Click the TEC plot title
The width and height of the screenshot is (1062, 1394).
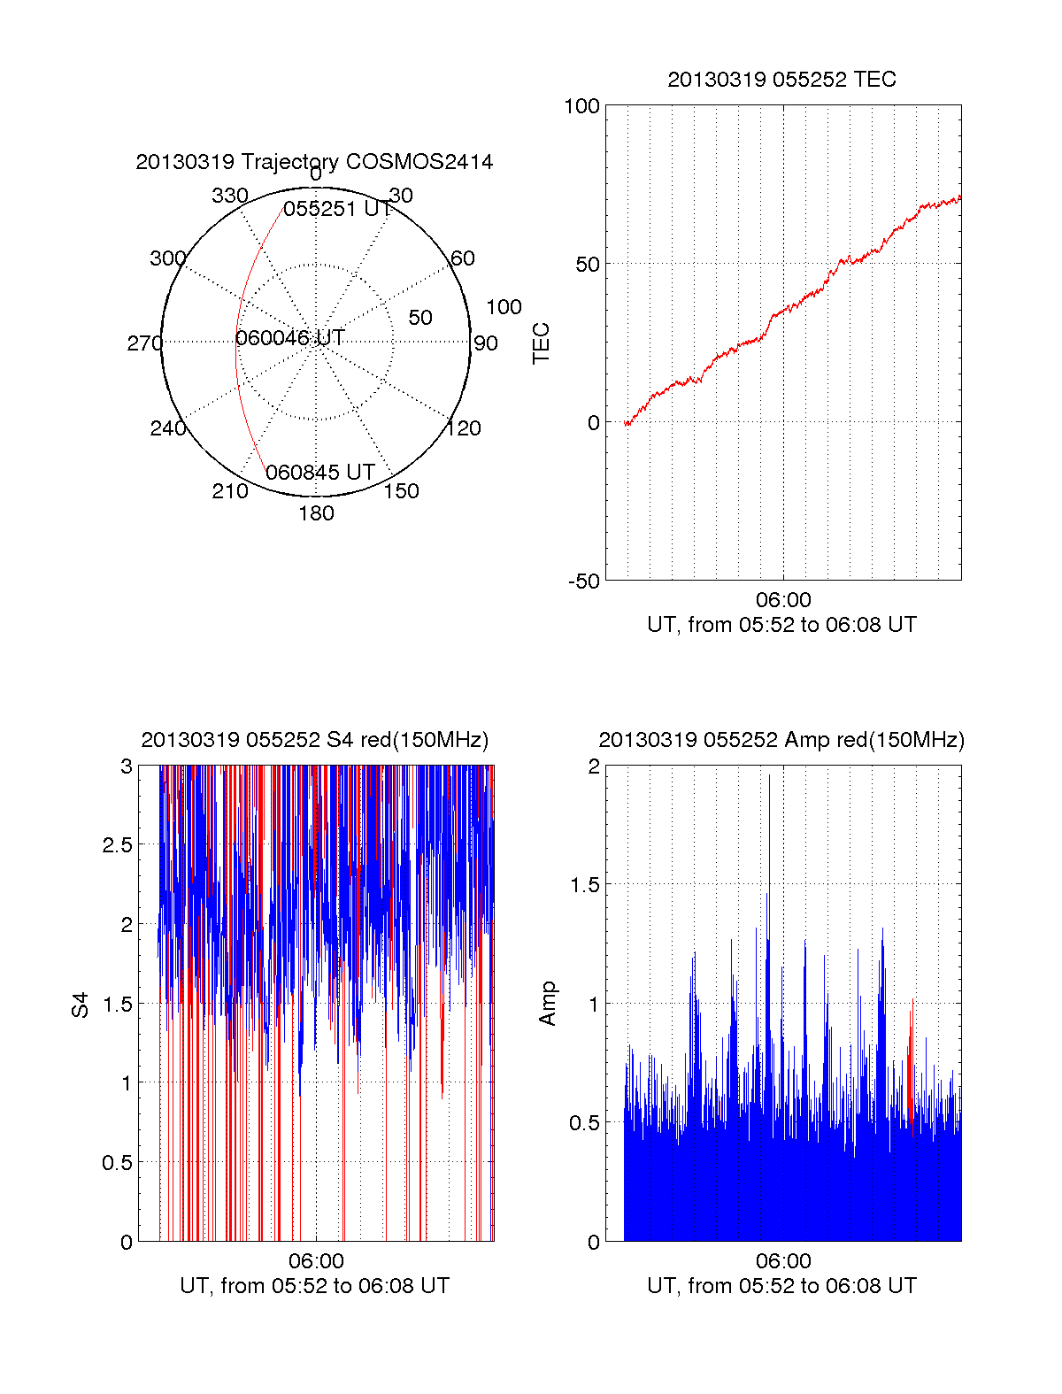(x=781, y=80)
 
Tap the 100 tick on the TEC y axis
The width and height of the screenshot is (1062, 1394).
(x=581, y=106)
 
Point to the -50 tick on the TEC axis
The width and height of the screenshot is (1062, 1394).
(x=583, y=581)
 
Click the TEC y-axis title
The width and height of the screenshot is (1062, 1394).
(x=541, y=343)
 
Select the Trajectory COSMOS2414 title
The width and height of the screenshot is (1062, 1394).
(x=314, y=162)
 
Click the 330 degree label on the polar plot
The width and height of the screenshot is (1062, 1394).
(x=229, y=196)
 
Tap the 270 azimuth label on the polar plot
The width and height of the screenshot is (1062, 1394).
(x=144, y=343)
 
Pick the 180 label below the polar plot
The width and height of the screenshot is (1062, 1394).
(x=316, y=513)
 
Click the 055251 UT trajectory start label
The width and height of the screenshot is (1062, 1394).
(x=337, y=209)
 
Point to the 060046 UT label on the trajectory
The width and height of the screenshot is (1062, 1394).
(x=289, y=338)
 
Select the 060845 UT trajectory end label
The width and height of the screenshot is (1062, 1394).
(x=320, y=473)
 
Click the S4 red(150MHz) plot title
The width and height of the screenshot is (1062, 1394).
(x=314, y=740)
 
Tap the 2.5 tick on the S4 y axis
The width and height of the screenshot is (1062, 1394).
(x=118, y=845)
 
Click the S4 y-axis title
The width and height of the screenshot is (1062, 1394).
(x=81, y=1005)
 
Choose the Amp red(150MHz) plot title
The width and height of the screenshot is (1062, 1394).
(x=781, y=740)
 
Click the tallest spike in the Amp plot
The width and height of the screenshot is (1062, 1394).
(x=769, y=779)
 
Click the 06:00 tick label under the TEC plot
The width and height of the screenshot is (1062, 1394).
(x=783, y=600)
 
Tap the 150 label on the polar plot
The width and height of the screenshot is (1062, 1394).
(x=401, y=491)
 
